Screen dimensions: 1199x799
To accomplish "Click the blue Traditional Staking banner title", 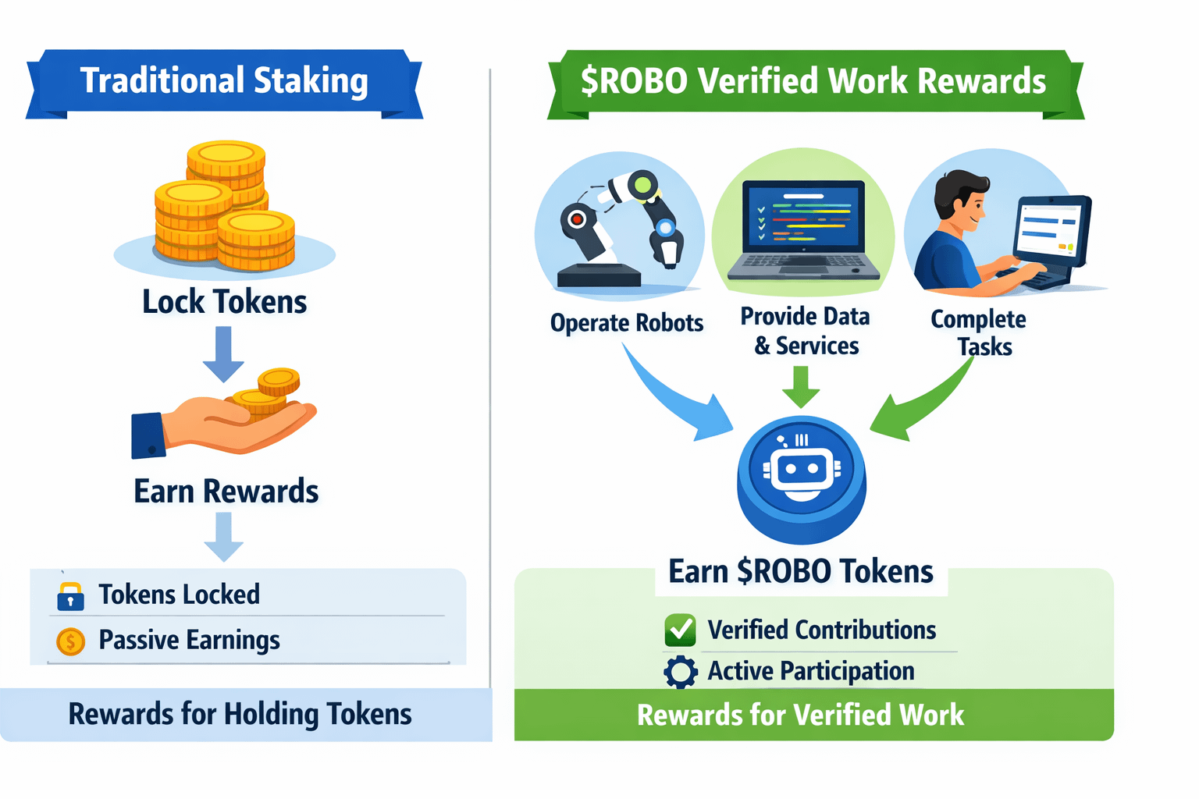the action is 224,81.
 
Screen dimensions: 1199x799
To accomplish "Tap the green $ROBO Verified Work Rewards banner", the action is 813,81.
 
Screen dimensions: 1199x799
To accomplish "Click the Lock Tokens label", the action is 224,302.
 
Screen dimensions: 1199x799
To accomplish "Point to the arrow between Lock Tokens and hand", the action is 223,353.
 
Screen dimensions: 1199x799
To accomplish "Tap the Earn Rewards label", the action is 226,492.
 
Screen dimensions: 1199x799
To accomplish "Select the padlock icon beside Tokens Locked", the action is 70,595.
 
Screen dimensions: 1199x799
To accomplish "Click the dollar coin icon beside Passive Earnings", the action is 70,641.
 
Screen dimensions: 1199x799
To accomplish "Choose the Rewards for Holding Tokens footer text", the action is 240,714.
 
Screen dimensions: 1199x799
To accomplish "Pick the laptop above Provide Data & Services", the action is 803,230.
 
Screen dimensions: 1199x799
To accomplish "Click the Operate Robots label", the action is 626,323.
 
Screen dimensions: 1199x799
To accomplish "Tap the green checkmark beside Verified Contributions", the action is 680,630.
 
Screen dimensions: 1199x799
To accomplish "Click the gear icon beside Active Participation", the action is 680,672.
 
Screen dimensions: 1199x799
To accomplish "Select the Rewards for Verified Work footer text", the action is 800,715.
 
